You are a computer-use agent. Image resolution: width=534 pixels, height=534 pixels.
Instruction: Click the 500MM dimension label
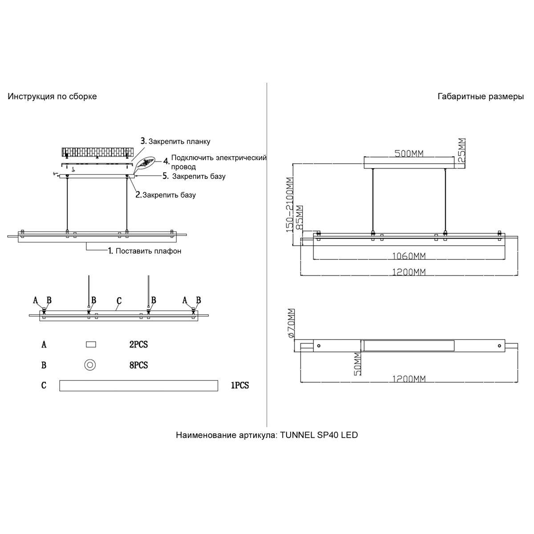click(409, 153)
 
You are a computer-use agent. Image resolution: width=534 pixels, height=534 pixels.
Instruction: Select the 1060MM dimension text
click(409, 256)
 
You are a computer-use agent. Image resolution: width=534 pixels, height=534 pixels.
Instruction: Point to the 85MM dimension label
click(299, 218)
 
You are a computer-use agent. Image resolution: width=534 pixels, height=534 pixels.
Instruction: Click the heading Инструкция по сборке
click(52, 97)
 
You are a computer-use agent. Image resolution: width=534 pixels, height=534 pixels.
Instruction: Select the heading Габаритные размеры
click(481, 97)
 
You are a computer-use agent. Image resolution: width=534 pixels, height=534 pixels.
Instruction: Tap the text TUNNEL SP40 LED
click(319, 435)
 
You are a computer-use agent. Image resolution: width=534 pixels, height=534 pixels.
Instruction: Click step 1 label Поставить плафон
click(148, 251)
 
